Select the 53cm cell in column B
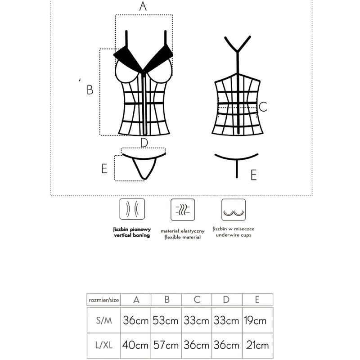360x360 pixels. tap(166, 321)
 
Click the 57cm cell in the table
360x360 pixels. tap(166, 346)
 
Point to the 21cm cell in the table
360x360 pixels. tap(258, 346)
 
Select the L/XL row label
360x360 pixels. tap(104, 346)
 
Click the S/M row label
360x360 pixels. tap(104, 321)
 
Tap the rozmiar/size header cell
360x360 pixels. tap(104, 300)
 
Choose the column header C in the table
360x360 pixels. tap(197, 300)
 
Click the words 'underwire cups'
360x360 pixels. tap(233, 235)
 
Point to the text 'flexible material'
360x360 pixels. tap(182, 237)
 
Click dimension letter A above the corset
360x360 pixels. tap(143, 6)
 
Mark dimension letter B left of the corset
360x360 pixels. tap(90, 90)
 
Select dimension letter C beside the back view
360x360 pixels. tap(264, 107)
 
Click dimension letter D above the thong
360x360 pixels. tap(144, 143)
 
